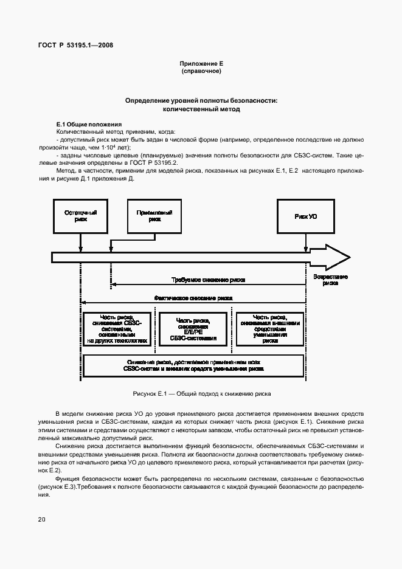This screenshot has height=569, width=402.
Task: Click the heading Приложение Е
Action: click(x=201, y=64)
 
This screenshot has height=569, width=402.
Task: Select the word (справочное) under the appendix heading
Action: click(x=201, y=72)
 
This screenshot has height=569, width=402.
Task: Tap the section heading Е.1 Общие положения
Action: click(x=89, y=124)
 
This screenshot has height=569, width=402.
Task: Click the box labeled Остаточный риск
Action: click(x=80, y=216)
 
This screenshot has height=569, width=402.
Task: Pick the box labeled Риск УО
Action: click(x=305, y=216)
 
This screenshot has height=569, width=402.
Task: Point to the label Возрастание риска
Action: click(x=331, y=280)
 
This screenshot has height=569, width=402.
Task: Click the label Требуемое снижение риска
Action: click(x=209, y=280)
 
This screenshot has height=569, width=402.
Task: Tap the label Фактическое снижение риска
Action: click(x=193, y=298)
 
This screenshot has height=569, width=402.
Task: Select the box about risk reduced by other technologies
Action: click(x=117, y=329)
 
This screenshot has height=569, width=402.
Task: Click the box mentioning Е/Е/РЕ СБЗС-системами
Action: click(x=193, y=329)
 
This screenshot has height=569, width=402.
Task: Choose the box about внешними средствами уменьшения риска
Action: click(x=270, y=329)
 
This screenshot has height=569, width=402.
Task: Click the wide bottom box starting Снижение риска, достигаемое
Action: click(x=193, y=365)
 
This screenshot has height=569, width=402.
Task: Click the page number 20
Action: click(x=41, y=519)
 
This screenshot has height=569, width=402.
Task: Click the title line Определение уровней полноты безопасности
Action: click(x=201, y=100)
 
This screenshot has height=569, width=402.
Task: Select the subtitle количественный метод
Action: click(x=201, y=109)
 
